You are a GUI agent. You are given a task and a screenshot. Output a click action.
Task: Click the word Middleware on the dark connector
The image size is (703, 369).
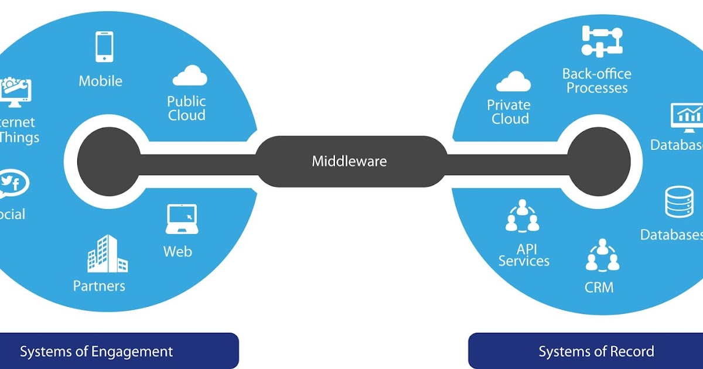[349, 161]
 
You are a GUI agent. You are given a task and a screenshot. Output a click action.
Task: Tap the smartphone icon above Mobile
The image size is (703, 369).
[104, 47]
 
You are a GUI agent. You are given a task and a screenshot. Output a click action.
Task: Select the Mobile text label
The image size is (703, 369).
[101, 81]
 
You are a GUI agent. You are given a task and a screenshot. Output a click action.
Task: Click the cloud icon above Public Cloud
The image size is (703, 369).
[190, 76]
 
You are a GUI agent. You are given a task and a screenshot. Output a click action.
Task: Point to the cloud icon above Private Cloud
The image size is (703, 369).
[513, 82]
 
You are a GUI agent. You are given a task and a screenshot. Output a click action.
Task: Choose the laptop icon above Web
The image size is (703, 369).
[181, 219]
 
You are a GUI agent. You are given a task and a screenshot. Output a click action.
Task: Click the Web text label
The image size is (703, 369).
[178, 252]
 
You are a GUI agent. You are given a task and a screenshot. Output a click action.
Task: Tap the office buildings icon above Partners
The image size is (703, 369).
[107, 254]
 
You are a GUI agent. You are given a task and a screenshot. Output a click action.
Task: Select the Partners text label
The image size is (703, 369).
[99, 286]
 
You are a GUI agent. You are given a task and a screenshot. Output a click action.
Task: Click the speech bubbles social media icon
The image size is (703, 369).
[13, 184]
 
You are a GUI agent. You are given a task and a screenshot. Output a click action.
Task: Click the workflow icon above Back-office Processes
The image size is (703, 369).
[602, 41]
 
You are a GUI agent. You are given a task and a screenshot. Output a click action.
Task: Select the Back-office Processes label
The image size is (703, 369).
[597, 81]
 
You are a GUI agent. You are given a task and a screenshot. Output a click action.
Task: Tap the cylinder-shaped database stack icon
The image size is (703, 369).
[678, 202]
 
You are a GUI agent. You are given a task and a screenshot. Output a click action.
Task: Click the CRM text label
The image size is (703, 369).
[599, 287]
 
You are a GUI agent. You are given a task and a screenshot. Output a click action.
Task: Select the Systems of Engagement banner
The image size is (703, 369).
[117, 351]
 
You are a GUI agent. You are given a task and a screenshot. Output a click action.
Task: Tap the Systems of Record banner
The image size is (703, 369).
[586, 351]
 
